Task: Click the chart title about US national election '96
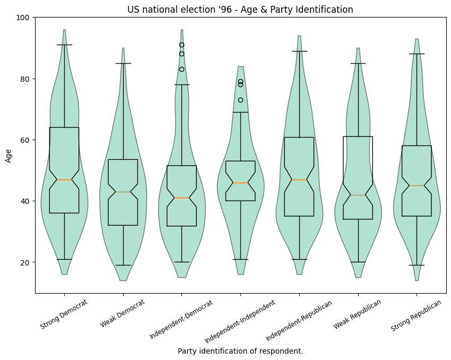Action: (x=240, y=10)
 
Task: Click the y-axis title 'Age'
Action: (x=8, y=155)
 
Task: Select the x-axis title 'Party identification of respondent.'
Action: (x=240, y=351)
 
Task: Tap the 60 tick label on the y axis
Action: (x=25, y=140)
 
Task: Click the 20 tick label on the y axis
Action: (x=25, y=262)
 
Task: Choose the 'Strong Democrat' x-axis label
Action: (x=64, y=314)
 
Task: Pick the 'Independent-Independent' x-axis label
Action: (x=240, y=321)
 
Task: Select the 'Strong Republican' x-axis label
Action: (x=417, y=315)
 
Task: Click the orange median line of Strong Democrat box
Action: (x=64, y=179)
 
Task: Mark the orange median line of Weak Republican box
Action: (x=358, y=195)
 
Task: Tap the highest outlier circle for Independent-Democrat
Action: (x=181, y=45)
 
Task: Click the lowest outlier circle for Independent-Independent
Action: (x=240, y=100)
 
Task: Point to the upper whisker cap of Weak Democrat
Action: (x=123, y=63)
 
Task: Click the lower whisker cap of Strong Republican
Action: (x=417, y=265)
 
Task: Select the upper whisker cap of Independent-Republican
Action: (x=299, y=51)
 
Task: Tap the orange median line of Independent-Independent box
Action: (x=240, y=183)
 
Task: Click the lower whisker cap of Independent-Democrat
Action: (x=181, y=262)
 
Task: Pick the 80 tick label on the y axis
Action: (x=25, y=79)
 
